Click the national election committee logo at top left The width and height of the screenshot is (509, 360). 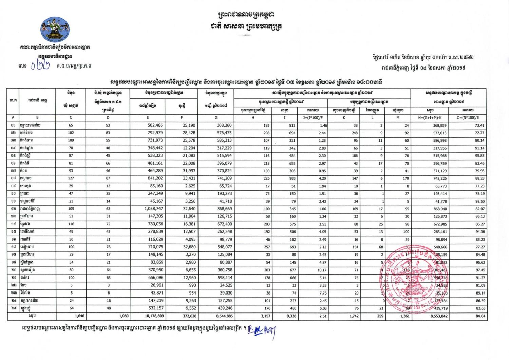click(x=55, y=29)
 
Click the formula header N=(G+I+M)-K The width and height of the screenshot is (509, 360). click(x=430, y=118)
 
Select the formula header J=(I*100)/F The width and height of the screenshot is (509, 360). click(x=313, y=118)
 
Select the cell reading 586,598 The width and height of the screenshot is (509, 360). click(x=440, y=140)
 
